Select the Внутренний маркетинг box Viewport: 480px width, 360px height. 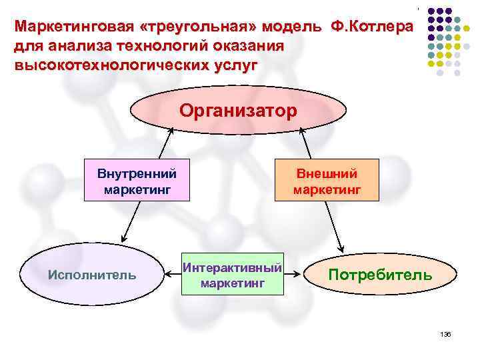coord(137,181)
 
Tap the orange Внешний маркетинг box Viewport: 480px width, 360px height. coord(327,181)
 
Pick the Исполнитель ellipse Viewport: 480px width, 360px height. coord(93,274)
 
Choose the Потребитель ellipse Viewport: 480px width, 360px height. coord(380,274)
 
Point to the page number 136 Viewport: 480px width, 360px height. coord(446,334)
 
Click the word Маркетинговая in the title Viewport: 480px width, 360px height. coord(67,28)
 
